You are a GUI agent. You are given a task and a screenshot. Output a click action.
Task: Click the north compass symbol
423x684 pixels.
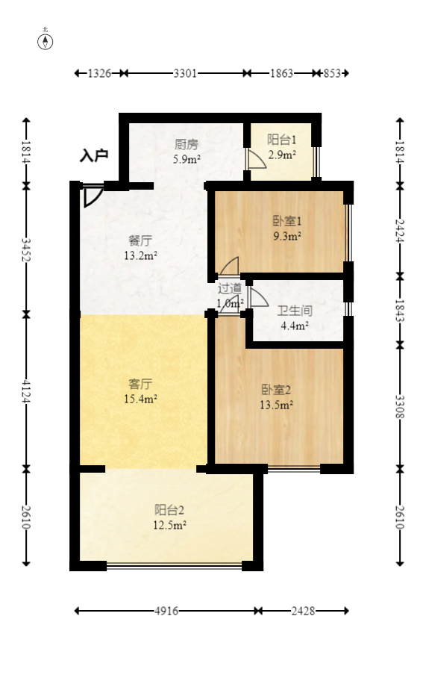pos(46,41)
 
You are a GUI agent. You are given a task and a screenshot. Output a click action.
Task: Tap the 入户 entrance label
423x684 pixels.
pos(94,156)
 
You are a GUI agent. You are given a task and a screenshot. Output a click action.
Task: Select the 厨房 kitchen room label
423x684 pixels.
pos(187,144)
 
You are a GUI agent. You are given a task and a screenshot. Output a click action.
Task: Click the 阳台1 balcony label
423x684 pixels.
pos(282,140)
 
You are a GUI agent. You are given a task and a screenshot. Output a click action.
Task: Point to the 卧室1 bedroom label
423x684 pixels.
pos(286,221)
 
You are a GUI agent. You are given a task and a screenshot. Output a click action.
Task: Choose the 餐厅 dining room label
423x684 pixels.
pos(140,241)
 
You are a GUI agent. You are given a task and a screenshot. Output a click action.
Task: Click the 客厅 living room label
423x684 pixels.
pos(140,384)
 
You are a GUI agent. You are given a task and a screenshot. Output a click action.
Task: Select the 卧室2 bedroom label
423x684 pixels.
pos(275,389)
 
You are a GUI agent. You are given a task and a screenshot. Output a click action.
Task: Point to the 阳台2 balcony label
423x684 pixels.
pos(169,510)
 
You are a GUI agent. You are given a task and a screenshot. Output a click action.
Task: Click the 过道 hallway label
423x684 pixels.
pos(229,287)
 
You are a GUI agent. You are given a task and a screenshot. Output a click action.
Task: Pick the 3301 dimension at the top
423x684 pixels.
pos(185,73)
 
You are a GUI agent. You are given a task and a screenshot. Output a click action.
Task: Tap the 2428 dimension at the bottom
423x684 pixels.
pos(303,611)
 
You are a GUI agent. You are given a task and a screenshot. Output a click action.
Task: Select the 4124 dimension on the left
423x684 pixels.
pos(27,391)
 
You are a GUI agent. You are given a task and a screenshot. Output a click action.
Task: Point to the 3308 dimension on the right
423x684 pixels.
pos(400,405)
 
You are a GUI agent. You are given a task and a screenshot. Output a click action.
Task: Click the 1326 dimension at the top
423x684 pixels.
pos(99,73)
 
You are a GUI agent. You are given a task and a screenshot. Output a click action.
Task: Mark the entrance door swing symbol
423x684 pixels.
pos(92,195)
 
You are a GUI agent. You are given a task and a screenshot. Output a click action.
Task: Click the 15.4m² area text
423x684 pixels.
pos(140,399)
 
